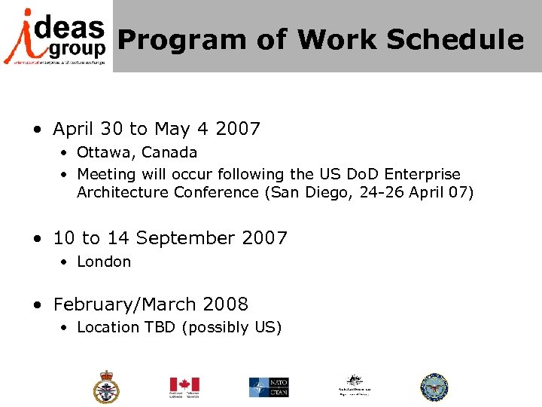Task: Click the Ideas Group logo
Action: click(55, 36)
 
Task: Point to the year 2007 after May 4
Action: click(237, 129)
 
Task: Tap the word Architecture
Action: click(123, 192)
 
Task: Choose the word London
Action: click(104, 262)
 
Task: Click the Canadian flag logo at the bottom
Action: click(184, 387)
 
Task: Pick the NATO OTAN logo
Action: click(269, 387)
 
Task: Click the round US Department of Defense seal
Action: click(434, 387)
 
